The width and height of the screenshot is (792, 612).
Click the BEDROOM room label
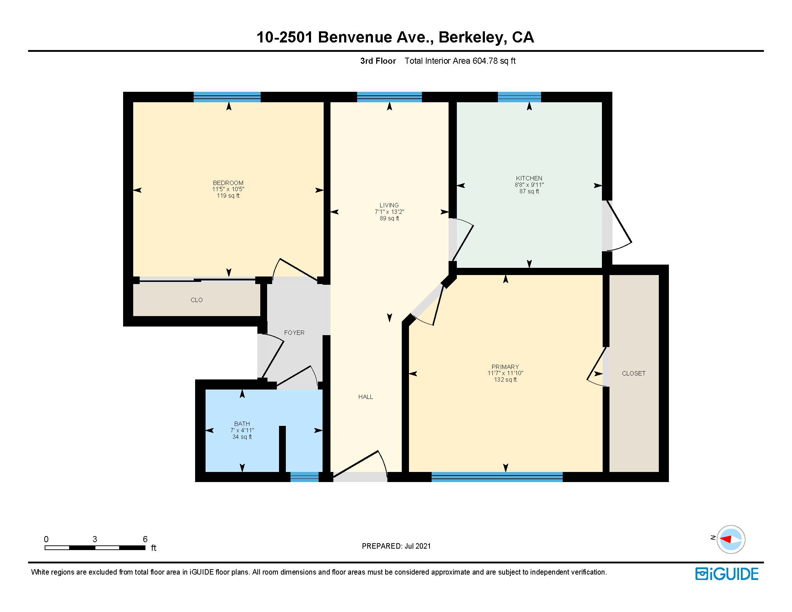pyautogui.click(x=228, y=183)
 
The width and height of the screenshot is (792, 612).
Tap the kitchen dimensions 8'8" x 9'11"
pyautogui.click(x=529, y=185)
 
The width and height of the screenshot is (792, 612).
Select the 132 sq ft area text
pyautogui.click(x=505, y=379)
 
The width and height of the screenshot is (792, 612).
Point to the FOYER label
pyautogui.click(x=294, y=333)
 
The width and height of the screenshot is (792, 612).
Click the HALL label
pyautogui.click(x=365, y=397)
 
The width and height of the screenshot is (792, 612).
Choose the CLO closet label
pyautogui.click(x=197, y=300)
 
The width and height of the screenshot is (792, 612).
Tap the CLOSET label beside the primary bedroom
pyautogui.click(x=633, y=373)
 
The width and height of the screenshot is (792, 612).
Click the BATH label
pyautogui.click(x=242, y=423)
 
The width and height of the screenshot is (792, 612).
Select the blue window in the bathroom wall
pyautogui.click(x=304, y=477)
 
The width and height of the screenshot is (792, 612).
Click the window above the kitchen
pyautogui.click(x=519, y=97)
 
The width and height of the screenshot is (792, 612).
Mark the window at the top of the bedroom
pyautogui.click(x=227, y=97)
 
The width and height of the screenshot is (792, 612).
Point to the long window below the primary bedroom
pyautogui.click(x=496, y=477)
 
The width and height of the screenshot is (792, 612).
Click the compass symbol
pyautogui.click(x=730, y=539)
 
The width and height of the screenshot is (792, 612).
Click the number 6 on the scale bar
pyautogui.click(x=145, y=539)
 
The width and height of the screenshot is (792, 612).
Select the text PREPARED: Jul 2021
pyautogui.click(x=396, y=546)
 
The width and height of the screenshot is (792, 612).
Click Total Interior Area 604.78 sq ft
pyautogui.click(x=459, y=61)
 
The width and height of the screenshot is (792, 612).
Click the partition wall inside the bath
pyautogui.click(x=282, y=449)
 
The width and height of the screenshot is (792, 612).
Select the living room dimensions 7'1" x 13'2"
pyautogui.click(x=389, y=212)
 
